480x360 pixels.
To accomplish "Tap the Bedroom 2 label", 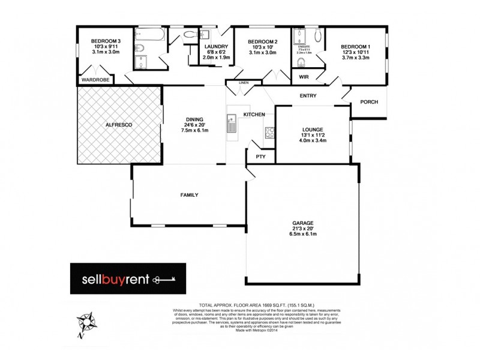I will pyautogui.click(x=263, y=41).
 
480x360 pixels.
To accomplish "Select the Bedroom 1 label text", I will pyautogui.click(x=356, y=46).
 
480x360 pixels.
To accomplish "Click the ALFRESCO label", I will pyautogui.click(x=118, y=124).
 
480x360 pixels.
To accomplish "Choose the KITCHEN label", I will pyautogui.click(x=254, y=114).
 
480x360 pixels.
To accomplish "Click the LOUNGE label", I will pyautogui.click(x=313, y=129).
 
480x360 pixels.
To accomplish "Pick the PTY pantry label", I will pyautogui.click(x=260, y=157).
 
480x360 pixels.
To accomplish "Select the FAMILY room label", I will pyautogui.click(x=190, y=195).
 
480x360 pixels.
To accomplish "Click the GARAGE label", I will pyautogui.click(x=304, y=223).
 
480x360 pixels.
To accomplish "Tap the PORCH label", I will pyautogui.click(x=369, y=102).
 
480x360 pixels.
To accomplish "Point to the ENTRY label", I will pyautogui.click(x=307, y=96).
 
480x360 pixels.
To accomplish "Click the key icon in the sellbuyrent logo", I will pyautogui.click(x=164, y=280).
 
